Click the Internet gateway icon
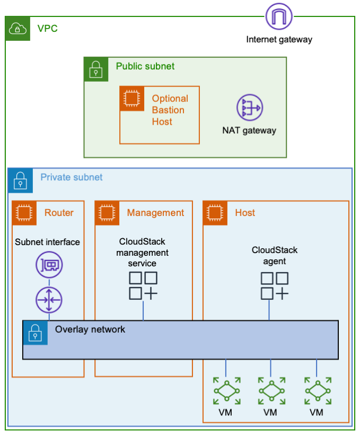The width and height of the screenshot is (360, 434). pos(279,17)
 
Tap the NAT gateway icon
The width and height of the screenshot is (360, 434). pos(249,108)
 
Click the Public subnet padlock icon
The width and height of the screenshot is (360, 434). pos(96,70)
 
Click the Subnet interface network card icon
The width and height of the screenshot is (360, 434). pos(49,265)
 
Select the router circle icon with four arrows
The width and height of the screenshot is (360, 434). pos(49,300)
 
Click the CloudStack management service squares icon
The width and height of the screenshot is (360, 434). pos(143,286)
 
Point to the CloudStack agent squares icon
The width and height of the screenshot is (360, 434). pos(275,286)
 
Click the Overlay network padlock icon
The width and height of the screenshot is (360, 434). pos(35,333)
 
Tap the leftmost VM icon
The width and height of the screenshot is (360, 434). pos(226,392)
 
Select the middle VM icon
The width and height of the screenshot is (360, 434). pos(271,392)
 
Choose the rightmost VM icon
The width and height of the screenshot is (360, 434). pos(317,392)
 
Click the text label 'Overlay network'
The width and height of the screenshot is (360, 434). pos(90,329)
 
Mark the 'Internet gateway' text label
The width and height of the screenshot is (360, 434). pos(279,39)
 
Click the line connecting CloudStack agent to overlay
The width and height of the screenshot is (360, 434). pos(269,310)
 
